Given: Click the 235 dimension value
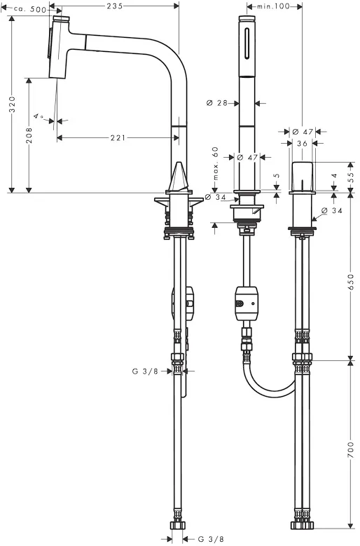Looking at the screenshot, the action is [x=114, y=6].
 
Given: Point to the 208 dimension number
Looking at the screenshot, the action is [x=29, y=135].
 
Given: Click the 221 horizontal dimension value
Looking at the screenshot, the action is [x=118, y=138].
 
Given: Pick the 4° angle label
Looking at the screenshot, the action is [x=39, y=116].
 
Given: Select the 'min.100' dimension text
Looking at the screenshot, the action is [x=273, y=6].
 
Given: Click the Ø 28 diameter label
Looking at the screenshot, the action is [x=216, y=103].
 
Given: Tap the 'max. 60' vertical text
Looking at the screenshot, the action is [x=216, y=163].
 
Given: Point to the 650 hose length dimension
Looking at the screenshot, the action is [x=351, y=282].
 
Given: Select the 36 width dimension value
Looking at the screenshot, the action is [x=303, y=144].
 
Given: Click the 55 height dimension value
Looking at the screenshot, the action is [x=351, y=177].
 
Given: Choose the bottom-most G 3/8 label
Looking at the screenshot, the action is [x=211, y=540].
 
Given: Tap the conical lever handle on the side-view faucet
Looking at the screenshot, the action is [x=179, y=177].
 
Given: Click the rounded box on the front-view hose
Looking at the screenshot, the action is [x=247, y=303].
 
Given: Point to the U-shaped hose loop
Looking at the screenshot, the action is [x=268, y=383].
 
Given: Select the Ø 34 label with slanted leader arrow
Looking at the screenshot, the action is [x=331, y=211].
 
